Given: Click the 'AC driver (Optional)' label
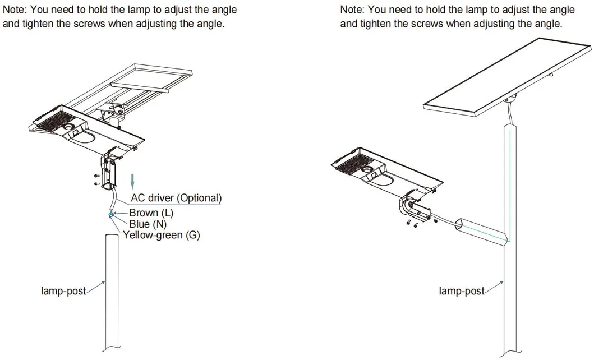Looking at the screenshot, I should tap(176, 198).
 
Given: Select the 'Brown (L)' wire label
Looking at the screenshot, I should tap(151, 213).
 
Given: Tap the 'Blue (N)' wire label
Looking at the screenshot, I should tap(148, 224).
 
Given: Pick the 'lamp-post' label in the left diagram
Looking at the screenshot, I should tap(63, 291).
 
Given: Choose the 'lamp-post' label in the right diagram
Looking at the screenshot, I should tap(461, 291).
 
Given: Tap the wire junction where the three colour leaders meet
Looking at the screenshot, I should tap(110, 214).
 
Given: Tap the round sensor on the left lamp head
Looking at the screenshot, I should tap(70, 127).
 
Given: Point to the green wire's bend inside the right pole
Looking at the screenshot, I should tap(508, 241).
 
